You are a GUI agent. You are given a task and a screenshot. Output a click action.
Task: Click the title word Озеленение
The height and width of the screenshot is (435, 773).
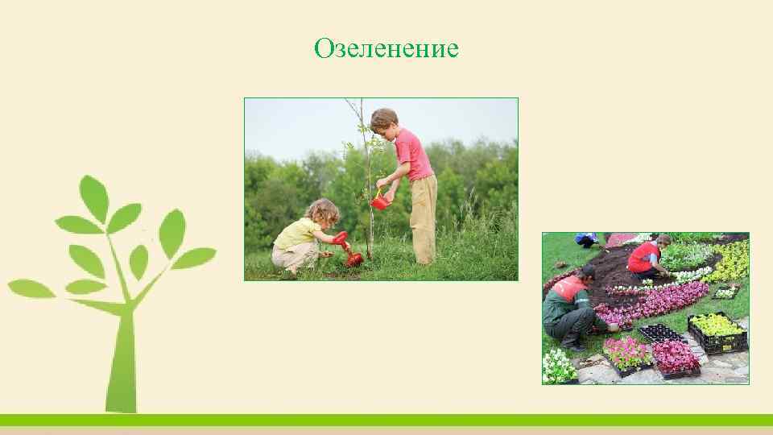[x=386, y=49]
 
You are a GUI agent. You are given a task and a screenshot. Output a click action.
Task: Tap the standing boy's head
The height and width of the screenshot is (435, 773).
[x=384, y=121]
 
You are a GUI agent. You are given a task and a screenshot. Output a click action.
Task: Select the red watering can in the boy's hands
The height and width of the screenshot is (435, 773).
[x=378, y=201]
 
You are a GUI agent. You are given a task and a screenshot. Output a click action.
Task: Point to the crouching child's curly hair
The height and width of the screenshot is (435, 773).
[x=323, y=212]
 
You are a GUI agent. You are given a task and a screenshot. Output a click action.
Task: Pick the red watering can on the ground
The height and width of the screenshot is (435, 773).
[x=351, y=256]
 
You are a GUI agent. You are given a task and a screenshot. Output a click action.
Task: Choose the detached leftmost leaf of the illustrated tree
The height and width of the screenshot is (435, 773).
[x=31, y=288]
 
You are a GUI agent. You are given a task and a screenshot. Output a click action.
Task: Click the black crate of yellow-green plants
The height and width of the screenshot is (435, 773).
[x=717, y=332]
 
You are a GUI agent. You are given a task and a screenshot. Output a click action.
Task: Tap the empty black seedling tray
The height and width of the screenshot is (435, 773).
[x=660, y=333]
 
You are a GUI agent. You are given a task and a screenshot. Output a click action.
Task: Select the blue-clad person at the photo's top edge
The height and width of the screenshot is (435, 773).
[x=586, y=238]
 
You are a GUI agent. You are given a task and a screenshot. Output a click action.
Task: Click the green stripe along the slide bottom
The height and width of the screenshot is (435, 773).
[x=386, y=420]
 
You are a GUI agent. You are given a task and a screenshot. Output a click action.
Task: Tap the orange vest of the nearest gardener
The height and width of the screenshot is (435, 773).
[x=569, y=288]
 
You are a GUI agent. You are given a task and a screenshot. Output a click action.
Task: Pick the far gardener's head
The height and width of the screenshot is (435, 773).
[x=663, y=240]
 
